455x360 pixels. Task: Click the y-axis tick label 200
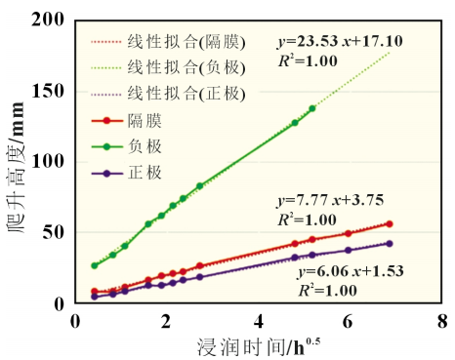pos(48,20)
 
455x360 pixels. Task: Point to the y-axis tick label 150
pos(48,91)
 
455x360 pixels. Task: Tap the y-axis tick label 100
pos(48,162)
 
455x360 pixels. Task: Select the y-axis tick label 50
pos(53,232)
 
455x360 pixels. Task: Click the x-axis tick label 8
pos(442,321)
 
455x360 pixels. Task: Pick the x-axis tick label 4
pos(259,321)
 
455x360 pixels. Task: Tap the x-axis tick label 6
pos(348,321)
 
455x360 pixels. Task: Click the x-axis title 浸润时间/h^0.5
pos(259,347)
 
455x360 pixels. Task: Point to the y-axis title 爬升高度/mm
pos(17,167)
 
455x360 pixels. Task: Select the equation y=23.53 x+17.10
pos(340,42)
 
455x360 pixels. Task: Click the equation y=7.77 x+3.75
pos(330,200)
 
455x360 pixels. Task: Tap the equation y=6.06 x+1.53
pos(351,271)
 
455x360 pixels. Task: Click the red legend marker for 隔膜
pos(106,121)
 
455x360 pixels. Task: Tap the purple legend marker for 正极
pos(106,174)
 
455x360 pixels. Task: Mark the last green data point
pos(312,108)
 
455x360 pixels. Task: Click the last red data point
pos(390,223)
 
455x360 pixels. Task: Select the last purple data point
pos(390,244)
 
